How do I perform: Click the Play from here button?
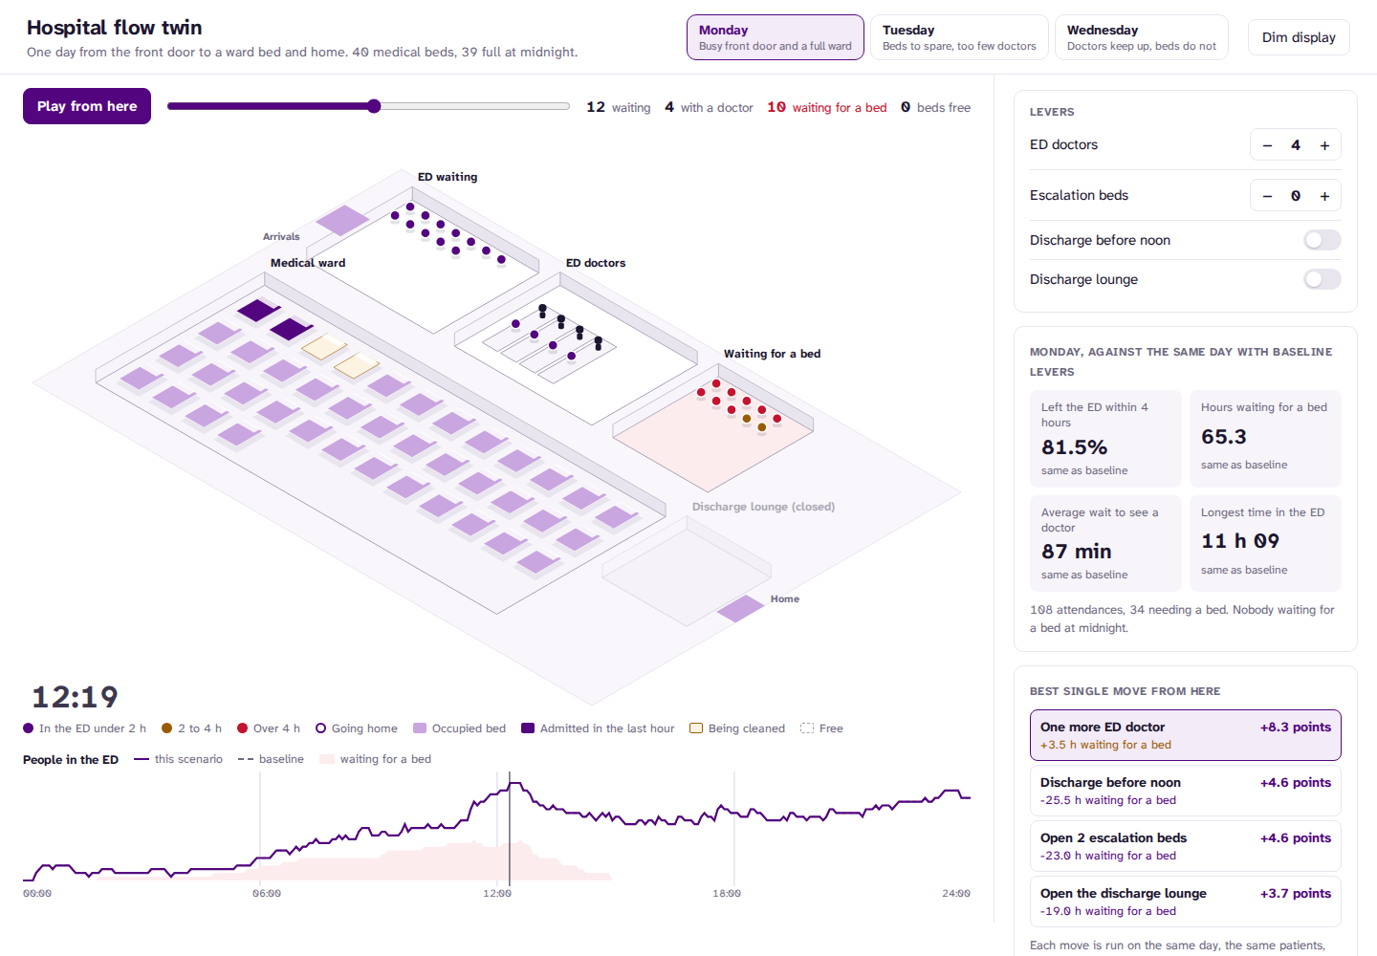87,106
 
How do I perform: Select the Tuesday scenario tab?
959,37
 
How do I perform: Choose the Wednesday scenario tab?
1142,37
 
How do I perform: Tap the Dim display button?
1299,37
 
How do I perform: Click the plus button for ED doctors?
1324,145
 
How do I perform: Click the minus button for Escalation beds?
1267,196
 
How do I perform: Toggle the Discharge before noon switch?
1322,240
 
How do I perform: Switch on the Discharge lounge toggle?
1322,279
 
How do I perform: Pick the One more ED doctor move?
1185,735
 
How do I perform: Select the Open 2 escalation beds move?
1185,846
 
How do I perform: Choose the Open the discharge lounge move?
1185,902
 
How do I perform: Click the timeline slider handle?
374,106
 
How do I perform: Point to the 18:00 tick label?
727,893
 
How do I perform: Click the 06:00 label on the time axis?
267,893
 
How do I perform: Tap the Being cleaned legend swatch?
696,728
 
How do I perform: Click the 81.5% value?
1074,446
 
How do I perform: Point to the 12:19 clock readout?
75,697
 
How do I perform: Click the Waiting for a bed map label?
772,354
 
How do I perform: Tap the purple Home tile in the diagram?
740,608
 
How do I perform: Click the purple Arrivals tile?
342,220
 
